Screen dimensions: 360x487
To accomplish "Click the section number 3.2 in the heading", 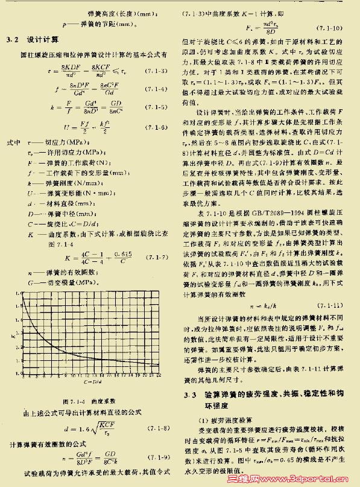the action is point(11,40).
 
